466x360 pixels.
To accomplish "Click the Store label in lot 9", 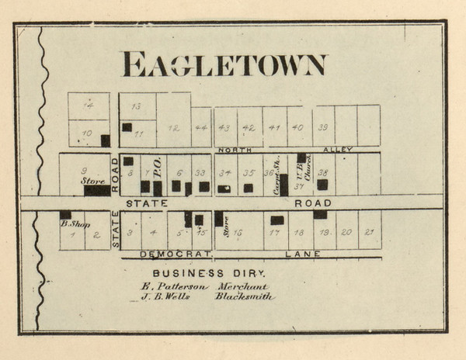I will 93,181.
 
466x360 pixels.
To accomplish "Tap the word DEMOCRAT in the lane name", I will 167,254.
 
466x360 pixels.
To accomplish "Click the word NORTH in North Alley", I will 235,149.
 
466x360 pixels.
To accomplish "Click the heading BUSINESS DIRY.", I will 209,274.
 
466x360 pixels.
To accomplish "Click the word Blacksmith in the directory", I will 245,296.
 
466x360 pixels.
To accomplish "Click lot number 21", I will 370,232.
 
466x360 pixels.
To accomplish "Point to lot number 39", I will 323,128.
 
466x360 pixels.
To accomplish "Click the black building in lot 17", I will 276,220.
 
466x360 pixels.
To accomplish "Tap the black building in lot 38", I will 322,185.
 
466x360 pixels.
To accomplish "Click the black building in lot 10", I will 105,140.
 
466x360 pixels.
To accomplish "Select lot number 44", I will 201,128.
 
